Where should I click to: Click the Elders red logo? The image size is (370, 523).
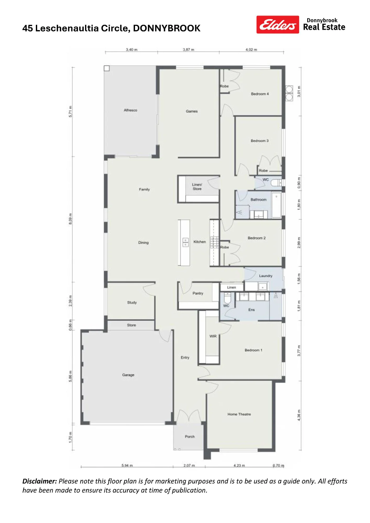(278, 25)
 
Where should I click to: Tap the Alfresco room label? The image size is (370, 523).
(130, 110)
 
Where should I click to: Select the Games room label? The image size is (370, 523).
(192, 111)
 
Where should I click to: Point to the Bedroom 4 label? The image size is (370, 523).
(260, 94)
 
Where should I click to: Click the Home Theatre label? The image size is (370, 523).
(239, 414)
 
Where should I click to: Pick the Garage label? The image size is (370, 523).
(128, 375)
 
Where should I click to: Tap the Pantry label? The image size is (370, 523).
(198, 293)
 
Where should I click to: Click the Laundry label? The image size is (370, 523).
(266, 276)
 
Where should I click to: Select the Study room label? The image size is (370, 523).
(132, 303)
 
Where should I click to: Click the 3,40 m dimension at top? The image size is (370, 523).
(132, 49)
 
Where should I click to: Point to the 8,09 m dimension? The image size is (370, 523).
(70, 219)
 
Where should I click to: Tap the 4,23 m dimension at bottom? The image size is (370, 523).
(239, 465)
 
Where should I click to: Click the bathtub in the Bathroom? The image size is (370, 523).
(276, 205)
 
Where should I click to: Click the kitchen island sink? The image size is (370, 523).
(185, 242)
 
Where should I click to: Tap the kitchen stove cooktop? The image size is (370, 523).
(215, 242)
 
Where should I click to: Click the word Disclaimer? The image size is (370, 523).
(40, 481)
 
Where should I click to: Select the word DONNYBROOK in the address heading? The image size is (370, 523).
(167, 28)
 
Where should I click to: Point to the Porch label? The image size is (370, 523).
(190, 436)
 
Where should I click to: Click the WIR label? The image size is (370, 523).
(213, 336)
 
